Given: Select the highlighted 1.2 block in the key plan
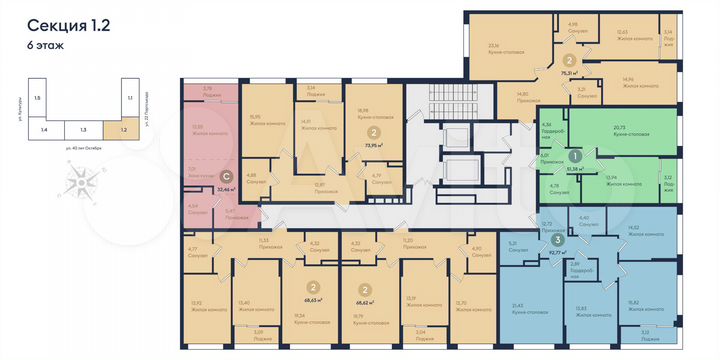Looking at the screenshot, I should pyautogui.click(x=123, y=128).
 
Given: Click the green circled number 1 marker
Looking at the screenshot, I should pyautogui.click(x=576, y=156).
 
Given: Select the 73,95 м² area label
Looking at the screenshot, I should pyautogui.click(x=377, y=145).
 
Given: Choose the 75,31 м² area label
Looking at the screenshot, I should pyautogui.click(x=573, y=73).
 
